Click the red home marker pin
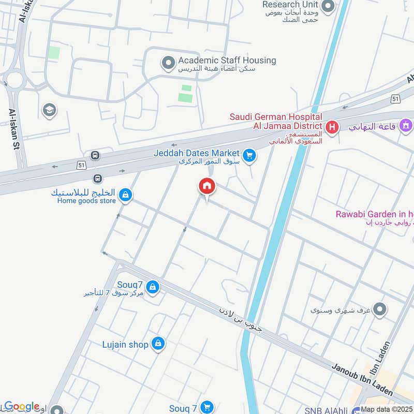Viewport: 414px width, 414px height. click(x=207, y=187)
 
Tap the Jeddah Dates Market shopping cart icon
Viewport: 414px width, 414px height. click(x=249, y=155)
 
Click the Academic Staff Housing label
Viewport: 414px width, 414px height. click(x=227, y=60)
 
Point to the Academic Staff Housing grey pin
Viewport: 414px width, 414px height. click(x=168, y=64)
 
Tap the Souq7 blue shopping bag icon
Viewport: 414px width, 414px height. click(x=152, y=287)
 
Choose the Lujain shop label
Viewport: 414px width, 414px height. click(x=125, y=344)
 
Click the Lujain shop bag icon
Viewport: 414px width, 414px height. click(x=158, y=343)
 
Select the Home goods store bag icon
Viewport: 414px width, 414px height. click(x=125, y=195)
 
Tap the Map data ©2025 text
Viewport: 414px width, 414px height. click(x=387, y=409)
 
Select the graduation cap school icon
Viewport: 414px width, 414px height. click(x=50, y=110)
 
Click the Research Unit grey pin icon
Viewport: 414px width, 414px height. click(x=328, y=7)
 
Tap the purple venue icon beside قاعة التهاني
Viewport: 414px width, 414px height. click(x=406, y=125)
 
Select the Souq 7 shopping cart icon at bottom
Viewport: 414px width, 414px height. click(x=207, y=408)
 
